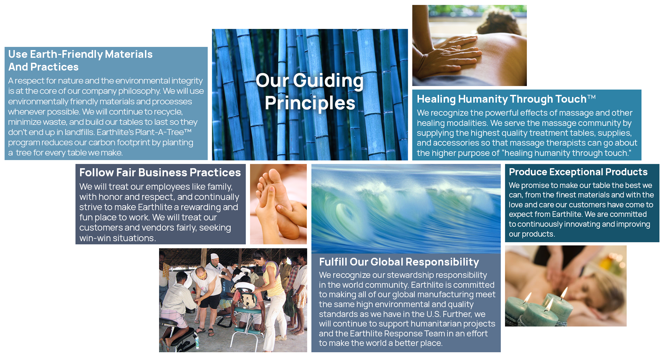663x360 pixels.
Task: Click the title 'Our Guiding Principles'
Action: (310, 92)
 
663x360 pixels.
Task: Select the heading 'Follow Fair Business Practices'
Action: (160, 172)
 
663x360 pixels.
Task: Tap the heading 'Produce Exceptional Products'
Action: (578, 172)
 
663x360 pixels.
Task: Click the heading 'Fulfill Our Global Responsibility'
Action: (399, 262)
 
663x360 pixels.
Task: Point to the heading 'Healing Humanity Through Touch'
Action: (501, 99)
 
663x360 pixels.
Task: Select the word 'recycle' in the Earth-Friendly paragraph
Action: (169, 112)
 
